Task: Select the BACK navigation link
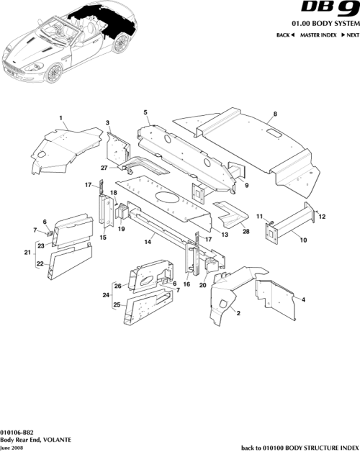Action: point(285,35)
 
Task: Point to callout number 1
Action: point(61,117)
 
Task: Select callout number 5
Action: point(145,112)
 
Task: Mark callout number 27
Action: point(104,168)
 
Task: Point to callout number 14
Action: point(147,243)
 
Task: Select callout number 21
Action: point(27,253)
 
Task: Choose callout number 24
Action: point(105,294)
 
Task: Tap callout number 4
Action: point(303,299)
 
